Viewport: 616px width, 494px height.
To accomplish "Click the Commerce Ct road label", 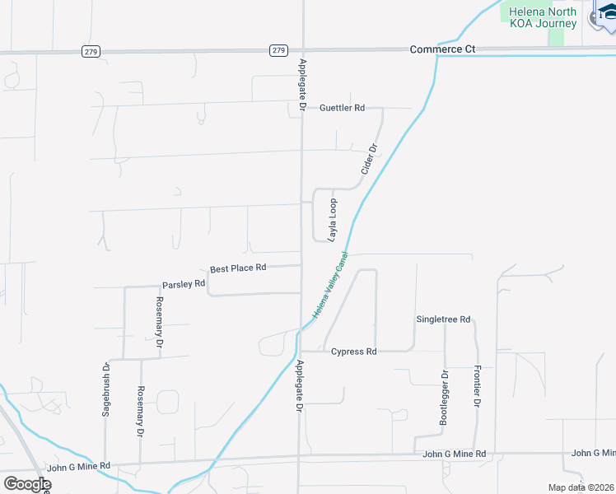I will (443, 49).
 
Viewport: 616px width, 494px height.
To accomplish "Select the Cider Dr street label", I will (369, 160).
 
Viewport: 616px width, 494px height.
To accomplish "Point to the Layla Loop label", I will (333, 220).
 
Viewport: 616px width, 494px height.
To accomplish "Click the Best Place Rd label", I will (238, 268).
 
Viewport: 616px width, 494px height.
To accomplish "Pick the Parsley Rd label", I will (183, 284).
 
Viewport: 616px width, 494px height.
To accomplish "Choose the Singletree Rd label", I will (443, 319).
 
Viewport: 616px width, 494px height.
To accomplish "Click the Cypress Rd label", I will (353, 352).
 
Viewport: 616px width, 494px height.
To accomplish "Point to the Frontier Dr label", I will (477, 387).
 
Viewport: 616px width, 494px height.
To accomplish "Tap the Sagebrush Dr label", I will (106, 390).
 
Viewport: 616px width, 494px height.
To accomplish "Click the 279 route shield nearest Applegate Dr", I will (278, 50).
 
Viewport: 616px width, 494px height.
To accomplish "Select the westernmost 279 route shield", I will (91, 51).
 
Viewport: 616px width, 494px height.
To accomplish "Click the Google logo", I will (27, 484).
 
